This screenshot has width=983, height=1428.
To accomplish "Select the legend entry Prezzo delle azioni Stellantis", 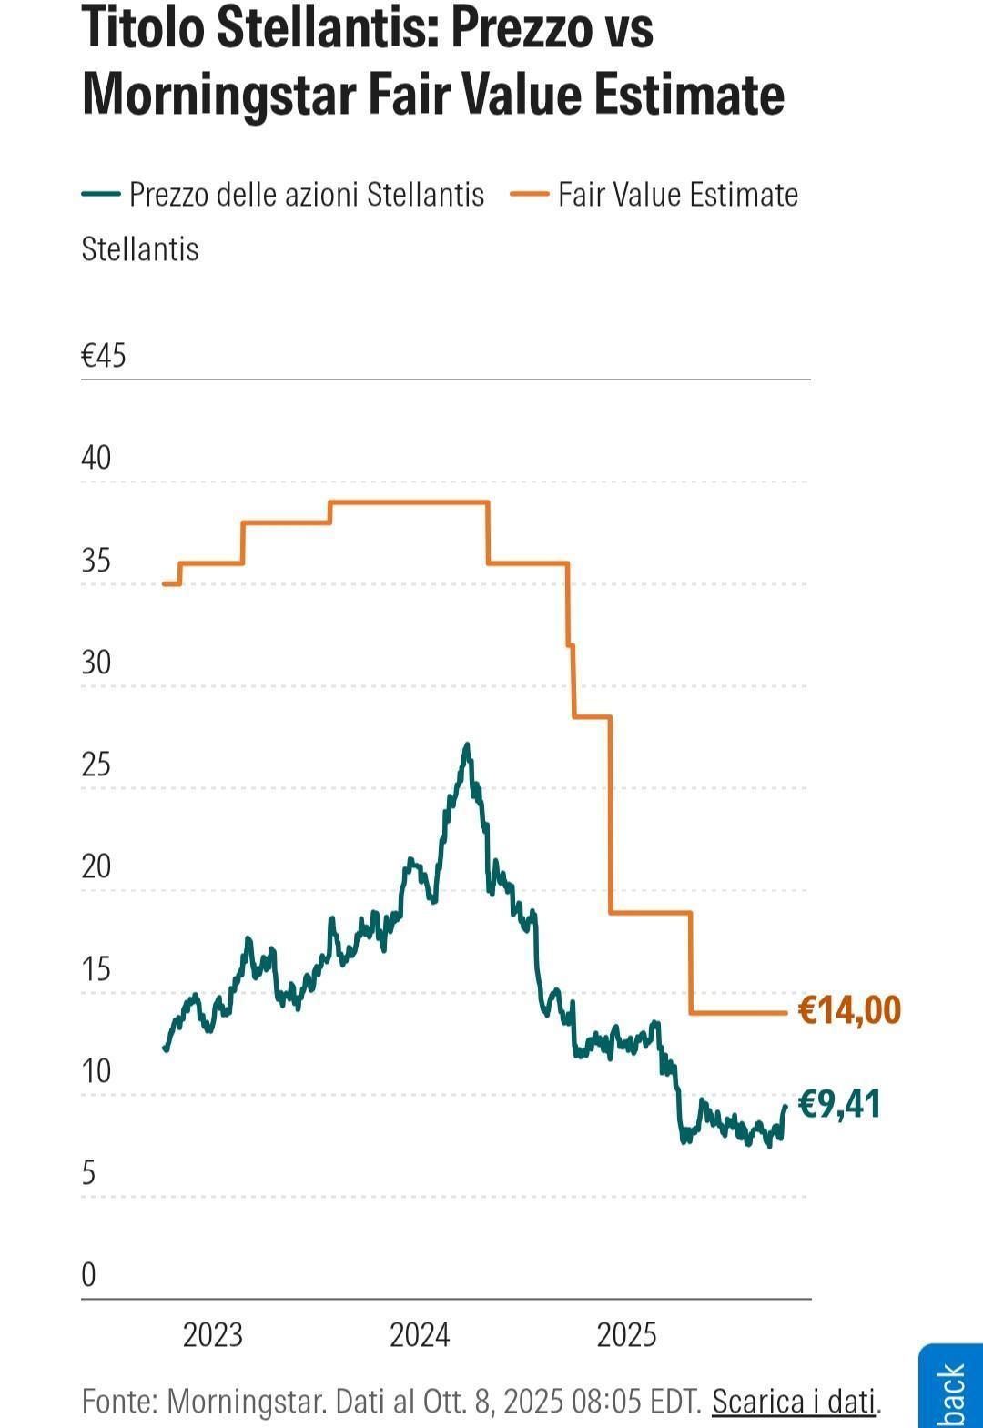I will [306, 195].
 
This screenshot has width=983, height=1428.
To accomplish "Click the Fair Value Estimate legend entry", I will [677, 195].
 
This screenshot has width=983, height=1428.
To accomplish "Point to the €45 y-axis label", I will [104, 356].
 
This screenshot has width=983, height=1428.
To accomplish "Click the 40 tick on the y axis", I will [96, 458].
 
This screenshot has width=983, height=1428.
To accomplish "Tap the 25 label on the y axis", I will [96, 765].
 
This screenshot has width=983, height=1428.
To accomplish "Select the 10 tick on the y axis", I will [96, 1071].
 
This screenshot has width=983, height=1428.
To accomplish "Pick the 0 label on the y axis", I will [88, 1275].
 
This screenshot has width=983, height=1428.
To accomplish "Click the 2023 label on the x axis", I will [213, 1335].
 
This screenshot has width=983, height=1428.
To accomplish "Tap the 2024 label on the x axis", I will [420, 1335].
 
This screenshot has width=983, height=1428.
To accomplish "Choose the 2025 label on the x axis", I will [626, 1335].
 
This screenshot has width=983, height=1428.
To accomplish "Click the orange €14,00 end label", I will [849, 1010].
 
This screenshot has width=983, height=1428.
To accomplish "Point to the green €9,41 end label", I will [839, 1104].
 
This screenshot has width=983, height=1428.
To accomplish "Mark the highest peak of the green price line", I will [467, 745].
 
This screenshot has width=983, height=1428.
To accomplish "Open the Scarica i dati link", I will [794, 1402].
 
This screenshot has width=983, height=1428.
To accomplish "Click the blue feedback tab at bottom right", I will [951, 1388].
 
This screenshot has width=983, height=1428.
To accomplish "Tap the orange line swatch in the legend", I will [529, 195].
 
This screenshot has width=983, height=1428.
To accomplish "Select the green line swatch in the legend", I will [101, 195].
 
